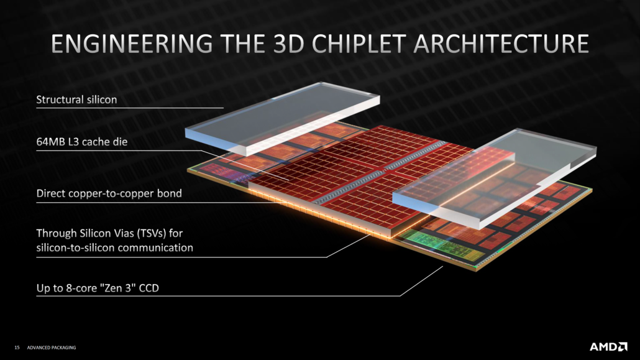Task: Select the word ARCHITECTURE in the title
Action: (501, 44)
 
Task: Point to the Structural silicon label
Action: (76, 99)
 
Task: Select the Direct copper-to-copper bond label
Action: (109, 193)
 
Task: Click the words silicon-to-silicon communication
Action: (115, 247)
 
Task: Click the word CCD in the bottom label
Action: (149, 288)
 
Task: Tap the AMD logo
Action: (608, 347)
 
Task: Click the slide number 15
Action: (17, 348)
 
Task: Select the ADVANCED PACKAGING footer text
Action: (52, 348)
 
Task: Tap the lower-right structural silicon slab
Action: (495, 178)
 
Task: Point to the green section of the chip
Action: (441, 245)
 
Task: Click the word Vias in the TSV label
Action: (123, 233)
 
